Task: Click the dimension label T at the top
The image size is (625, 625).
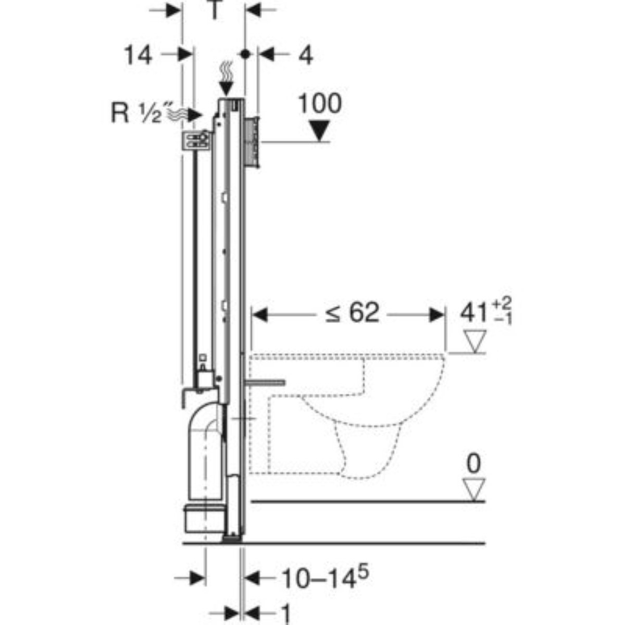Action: (214, 10)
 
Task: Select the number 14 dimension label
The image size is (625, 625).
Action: (138, 55)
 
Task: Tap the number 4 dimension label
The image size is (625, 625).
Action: (306, 55)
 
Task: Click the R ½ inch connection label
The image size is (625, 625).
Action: (136, 113)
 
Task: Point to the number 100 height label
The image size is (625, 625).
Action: (320, 104)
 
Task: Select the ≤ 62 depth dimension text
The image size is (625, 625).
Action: (352, 313)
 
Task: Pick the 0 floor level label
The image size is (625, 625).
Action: (473, 464)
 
